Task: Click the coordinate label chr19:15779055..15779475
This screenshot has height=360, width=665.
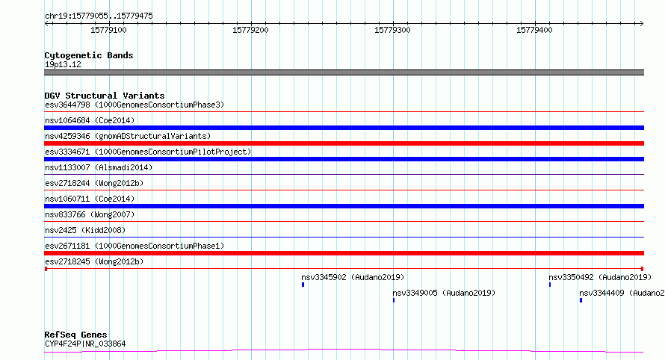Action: pos(99,16)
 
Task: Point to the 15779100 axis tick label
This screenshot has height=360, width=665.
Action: pos(108,30)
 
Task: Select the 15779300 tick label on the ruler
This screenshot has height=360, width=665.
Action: pos(392,30)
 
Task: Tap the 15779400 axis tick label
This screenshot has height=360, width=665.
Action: pos(534,30)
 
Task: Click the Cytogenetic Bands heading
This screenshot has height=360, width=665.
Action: pos(89,55)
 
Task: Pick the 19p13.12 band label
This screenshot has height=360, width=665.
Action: pos(63,64)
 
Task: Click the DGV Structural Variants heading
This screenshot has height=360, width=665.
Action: pos(105,96)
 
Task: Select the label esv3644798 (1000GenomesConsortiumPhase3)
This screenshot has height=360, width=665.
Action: pos(134,105)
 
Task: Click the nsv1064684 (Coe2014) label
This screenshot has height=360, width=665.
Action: pos(90,120)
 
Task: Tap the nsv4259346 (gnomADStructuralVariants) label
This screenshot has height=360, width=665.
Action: pos(128,136)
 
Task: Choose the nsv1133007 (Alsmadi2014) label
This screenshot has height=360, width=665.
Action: pos(99,167)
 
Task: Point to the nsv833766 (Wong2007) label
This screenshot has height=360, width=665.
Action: pos(90,214)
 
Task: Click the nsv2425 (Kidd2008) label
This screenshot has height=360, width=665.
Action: pos(85,230)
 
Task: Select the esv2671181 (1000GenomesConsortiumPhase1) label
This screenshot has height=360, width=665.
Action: pos(134,246)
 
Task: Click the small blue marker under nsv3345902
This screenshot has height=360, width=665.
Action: pos(303,285)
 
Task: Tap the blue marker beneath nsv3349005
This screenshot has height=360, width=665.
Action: pos(394,300)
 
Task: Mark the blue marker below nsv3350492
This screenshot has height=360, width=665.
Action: pos(550,285)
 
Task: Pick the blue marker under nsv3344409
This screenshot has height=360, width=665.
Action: pos(581,300)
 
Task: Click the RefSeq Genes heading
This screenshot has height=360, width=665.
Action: pos(75,335)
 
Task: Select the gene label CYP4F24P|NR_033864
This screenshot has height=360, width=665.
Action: pos(85,344)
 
